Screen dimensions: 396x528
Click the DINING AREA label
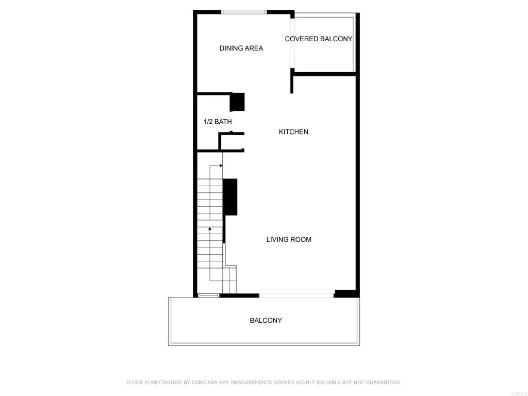[x=241, y=48]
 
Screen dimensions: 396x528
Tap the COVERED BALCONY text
[x=319, y=39]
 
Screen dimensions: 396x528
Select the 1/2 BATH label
[x=218, y=122]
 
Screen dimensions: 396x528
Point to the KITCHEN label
[x=293, y=132]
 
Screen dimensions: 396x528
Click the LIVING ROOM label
[x=289, y=240]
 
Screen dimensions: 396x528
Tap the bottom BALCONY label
[x=266, y=321]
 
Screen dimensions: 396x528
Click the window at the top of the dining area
[x=244, y=12]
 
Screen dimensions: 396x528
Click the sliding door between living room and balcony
[x=296, y=295]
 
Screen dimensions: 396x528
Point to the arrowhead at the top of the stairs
[x=221, y=166]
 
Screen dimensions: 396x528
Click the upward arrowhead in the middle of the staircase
[x=210, y=228]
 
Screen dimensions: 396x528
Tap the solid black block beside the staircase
[x=230, y=197]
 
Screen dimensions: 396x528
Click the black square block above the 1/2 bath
[x=237, y=102]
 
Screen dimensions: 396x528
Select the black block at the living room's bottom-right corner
[x=345, y=294]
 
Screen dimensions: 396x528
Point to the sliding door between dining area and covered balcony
[x=292, y=44]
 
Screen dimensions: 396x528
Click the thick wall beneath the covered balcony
[x=324, y=74]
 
